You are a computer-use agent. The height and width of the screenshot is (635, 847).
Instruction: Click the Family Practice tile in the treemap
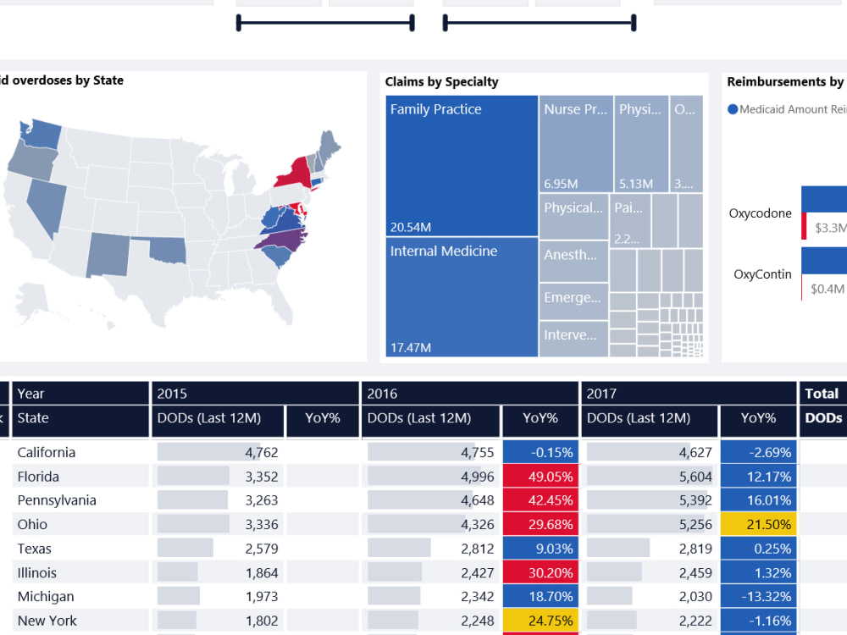point(462,165)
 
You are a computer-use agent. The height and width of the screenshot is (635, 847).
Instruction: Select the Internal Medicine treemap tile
point(462,296)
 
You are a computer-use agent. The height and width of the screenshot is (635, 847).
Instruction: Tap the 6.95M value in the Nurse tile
point(561,184)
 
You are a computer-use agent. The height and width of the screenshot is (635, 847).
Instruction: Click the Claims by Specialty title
point(441,82)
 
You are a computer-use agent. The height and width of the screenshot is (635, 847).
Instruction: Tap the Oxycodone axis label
point(760,213)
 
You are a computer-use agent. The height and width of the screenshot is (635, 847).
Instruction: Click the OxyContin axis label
point(762,274)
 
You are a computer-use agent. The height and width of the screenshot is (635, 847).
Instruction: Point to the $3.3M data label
point(829,228)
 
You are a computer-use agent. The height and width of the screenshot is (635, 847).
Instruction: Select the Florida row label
point(38,476)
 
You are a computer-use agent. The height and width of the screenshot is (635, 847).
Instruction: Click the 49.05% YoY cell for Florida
point(540,477)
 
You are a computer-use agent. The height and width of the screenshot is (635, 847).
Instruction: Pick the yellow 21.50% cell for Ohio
point(758,525)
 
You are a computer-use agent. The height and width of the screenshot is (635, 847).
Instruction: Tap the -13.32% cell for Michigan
point(758,597)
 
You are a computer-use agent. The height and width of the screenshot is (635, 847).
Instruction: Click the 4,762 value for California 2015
point(261,452)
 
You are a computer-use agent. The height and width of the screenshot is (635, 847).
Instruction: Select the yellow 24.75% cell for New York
point(540,621)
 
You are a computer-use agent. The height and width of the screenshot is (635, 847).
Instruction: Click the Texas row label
point(36,549)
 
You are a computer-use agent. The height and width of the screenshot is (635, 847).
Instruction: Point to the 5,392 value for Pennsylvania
point(695,500)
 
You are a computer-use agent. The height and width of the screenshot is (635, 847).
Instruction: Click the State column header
point(33,418)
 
